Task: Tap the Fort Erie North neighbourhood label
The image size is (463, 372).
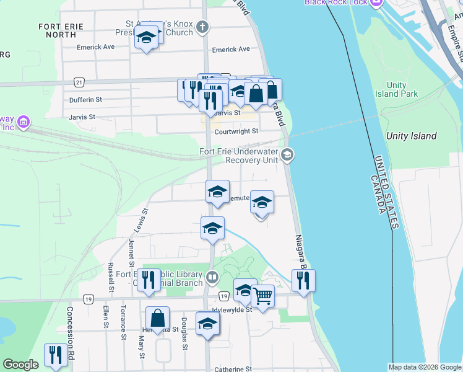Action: point(58,30)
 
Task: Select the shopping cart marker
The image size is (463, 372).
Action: point(263,297)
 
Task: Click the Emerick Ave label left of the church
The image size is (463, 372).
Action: point(96,46)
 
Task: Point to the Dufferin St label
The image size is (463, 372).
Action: point(85,99)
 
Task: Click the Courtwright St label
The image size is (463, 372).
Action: point(236,131)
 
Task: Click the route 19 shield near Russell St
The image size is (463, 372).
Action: point(89,299)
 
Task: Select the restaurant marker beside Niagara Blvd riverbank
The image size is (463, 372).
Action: point(303,280)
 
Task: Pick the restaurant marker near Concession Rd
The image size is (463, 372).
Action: point(56,355)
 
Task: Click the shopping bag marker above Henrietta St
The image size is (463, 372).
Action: point(158,319)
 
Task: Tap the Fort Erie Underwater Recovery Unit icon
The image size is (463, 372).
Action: point(287,155)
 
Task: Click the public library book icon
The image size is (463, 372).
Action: point(212,277)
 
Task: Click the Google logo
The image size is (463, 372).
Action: point(21,365)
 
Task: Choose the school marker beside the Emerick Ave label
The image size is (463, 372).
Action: point(146,38)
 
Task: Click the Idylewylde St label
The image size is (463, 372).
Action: point(232,309)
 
